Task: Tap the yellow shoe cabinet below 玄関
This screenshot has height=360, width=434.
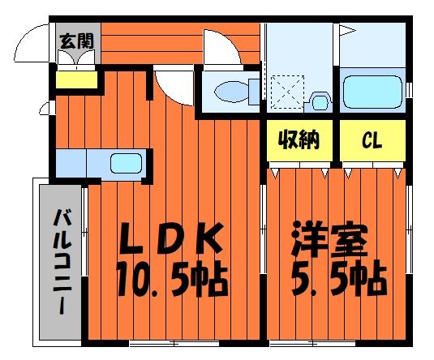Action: point(76,80)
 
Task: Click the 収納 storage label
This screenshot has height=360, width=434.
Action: point(299,139)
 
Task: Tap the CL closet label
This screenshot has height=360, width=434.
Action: point(372,140)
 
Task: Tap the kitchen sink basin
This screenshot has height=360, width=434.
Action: point(125,161)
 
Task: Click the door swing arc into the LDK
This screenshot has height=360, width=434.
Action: point(172,83)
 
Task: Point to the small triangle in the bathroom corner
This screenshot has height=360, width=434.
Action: point(346,32)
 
